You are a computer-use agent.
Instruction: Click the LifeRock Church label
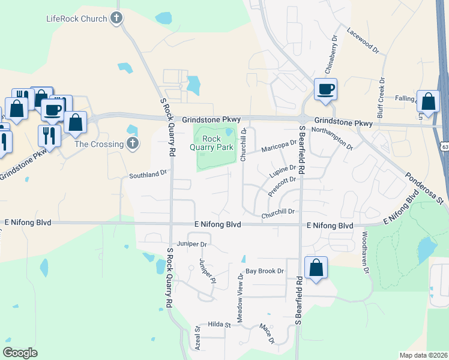coord(76,19)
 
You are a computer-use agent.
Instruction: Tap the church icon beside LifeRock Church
coord(117,19)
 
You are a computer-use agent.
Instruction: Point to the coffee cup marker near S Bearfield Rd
coord(325,90)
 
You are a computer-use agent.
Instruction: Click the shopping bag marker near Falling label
coord(428,102)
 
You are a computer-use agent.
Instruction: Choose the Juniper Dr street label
coord(191,244)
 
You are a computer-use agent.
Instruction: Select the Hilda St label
coord(219,325)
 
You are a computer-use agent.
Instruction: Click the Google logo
coord(20,353)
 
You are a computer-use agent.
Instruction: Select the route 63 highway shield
coord(444,146)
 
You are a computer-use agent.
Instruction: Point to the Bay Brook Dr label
coord(264,271)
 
